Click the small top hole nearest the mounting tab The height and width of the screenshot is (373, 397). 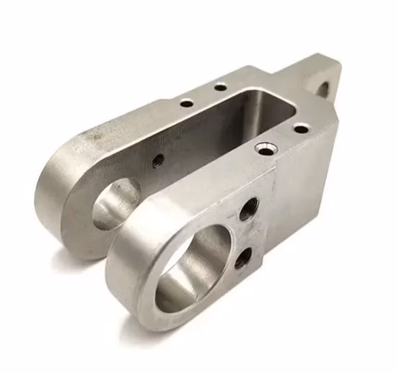(301, 129)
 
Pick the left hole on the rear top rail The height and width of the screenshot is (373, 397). (186, 103)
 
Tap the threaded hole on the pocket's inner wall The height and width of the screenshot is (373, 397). (157, 159)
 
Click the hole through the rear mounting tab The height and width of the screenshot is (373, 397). (323, 90)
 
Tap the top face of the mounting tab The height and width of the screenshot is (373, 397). (310, 66)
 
